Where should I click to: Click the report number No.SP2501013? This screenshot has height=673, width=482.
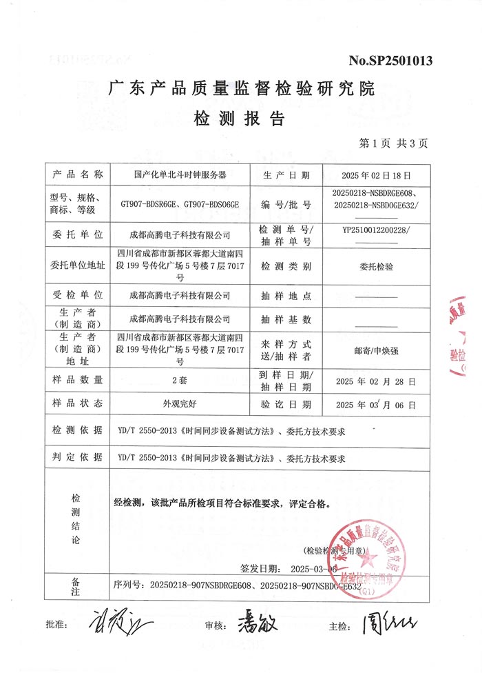tap(390, 61)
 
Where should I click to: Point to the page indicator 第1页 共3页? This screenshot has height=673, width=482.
tap(393, 143)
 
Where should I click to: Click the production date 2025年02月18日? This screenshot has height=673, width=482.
tap(375, 175)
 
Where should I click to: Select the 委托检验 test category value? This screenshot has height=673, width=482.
tap(377, 265)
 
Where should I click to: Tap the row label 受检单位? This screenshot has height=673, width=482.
tap(76, 295)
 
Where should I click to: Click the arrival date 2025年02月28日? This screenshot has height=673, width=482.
tap(375, 380)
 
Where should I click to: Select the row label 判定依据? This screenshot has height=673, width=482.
tap(76, 457)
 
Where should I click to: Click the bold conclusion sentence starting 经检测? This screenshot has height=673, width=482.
tap(221, 503)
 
